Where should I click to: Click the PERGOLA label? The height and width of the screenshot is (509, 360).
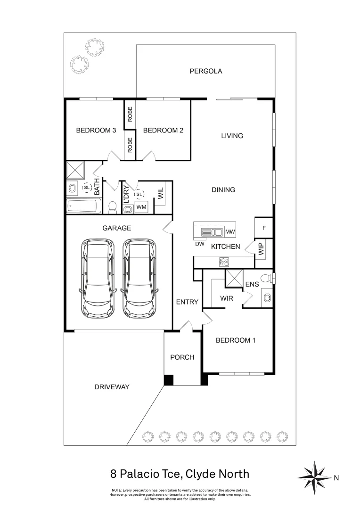[x=206, y=71]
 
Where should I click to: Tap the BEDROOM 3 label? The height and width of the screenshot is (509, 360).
[x=96, y=131]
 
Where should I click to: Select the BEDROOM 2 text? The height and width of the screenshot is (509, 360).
[x=163, y=131]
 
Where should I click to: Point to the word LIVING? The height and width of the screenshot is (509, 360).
[x=232, y=136]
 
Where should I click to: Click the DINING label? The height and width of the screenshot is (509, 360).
[x=223, y=190]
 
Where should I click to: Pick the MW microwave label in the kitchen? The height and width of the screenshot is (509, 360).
[x=230, y=232]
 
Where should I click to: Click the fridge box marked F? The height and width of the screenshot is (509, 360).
[x=264, y=228]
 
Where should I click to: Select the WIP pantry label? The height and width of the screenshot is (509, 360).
[x=261, y=249]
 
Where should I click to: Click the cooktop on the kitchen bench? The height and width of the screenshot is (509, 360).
[x=224, y=262]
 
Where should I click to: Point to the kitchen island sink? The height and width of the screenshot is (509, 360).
[x=212, y=232]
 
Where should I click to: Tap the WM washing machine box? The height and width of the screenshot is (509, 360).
[x=141, y=207]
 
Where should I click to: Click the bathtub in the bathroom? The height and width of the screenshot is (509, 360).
[x=84, y=206]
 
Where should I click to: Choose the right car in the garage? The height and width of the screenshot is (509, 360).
[x=139, y=278]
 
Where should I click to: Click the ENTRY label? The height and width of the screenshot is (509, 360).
[x=187, y=302]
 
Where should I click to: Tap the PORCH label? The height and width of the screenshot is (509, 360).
[x=182, y=357]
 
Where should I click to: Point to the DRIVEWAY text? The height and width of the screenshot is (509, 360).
[x=112, y=387]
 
